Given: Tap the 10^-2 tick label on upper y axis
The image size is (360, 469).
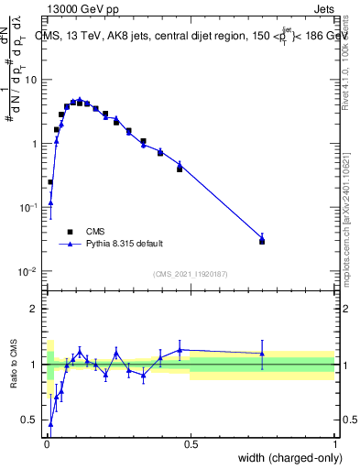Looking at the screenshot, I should (28, 272).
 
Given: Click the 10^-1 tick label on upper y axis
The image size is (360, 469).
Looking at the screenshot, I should (28, 208).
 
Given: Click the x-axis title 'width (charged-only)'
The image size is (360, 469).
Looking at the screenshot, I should (290, 459).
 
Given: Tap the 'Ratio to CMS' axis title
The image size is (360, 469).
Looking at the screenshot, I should (13, 365).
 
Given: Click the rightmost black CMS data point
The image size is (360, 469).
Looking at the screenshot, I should (262, 241).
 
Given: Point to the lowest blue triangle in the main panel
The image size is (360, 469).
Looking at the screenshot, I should (50, 202).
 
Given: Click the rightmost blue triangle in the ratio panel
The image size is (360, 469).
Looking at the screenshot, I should (262, 354).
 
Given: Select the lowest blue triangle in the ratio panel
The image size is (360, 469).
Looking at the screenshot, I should (50, 424).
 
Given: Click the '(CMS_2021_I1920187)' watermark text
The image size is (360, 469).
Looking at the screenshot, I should (191, 274).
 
